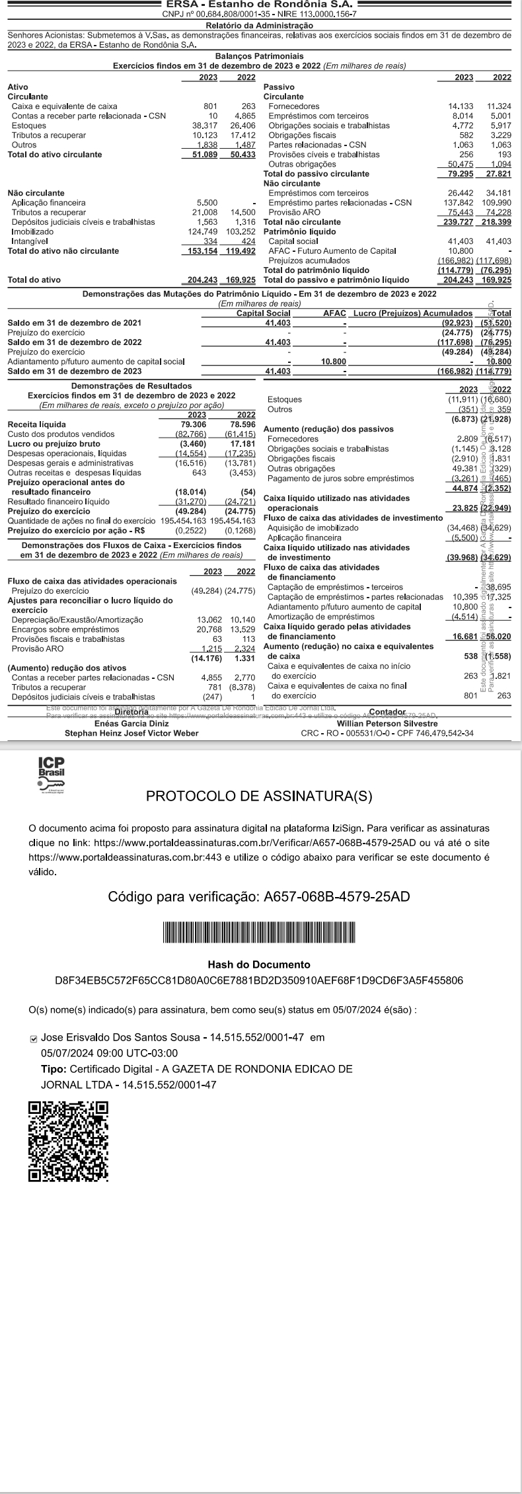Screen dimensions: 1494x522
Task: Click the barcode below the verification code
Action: click(x=260, y=932)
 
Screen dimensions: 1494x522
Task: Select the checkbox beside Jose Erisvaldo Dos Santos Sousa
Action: click(x=34, y=1039)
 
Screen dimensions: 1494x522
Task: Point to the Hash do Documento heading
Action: click(x=259, y=964)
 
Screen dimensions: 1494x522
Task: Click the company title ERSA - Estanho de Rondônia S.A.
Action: click(x=260, y=5)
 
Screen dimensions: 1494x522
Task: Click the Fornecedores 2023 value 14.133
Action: click(x=460, y=106)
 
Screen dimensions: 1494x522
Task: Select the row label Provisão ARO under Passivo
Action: click(x=294, y=212)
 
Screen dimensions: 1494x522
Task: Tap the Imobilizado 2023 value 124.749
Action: click(x=204, y=231)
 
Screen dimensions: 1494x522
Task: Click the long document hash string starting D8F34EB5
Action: click(x=259, y=980)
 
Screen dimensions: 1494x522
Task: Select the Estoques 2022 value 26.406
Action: click(x=242, y=126)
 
